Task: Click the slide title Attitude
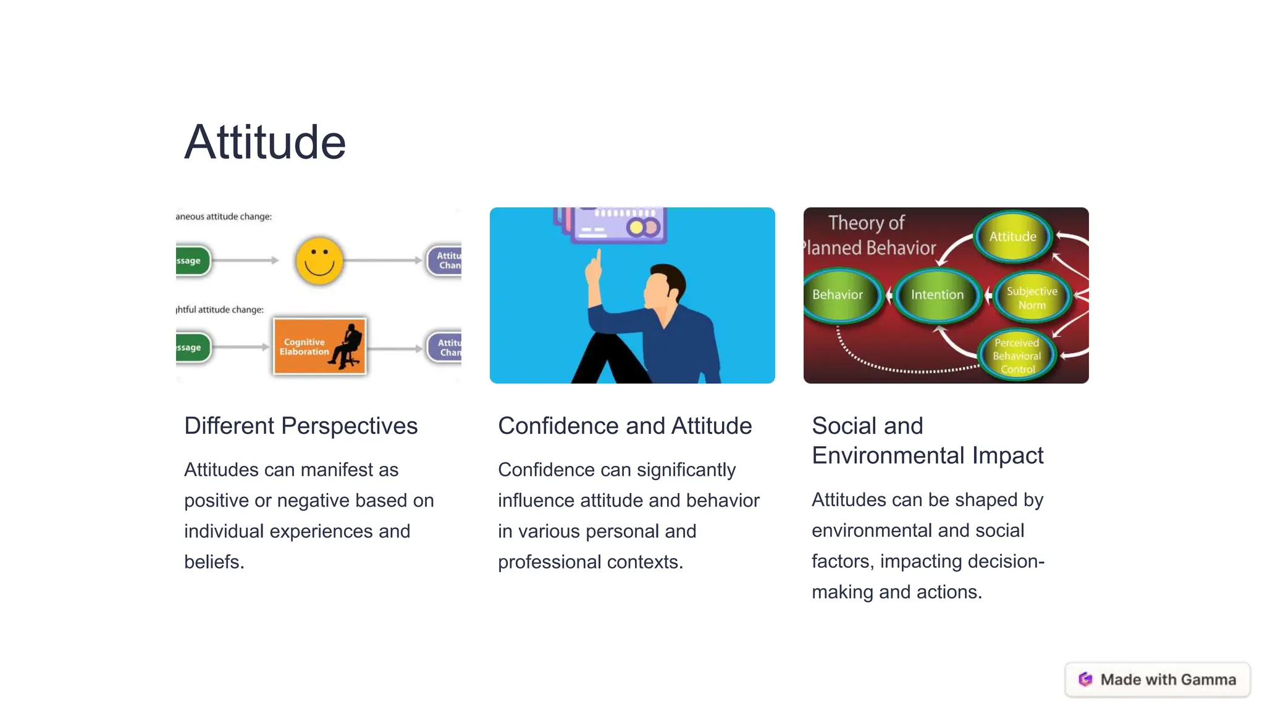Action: [x=265, y=143]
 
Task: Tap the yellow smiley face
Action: [x=319, y=261]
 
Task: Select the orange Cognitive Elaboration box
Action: [x=319, y=346]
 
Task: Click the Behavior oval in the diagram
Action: [x=838, y=295]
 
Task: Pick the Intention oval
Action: [x=937, y=295]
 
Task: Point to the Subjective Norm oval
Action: [x=1032, y=298]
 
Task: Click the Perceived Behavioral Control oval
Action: [x=1017, y=355]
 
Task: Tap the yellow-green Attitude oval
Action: [x=1012, y=237]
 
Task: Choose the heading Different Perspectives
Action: [x=301, y=426]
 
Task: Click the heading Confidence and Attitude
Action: [x=624, y=426]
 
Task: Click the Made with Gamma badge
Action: [x=1157, y=680]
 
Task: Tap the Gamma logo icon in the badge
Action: [x=1085, y=680]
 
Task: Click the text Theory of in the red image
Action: [x=866, y=223]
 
